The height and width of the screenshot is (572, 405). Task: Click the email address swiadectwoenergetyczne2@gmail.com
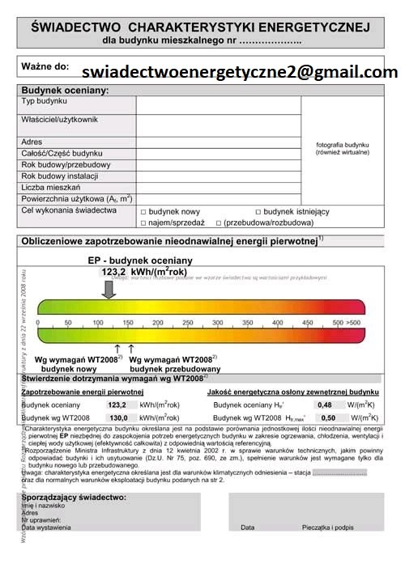[x=240, y=72]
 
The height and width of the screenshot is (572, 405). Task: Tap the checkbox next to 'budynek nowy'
[x=143, y=212]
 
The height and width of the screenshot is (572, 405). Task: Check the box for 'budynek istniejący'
[x=258, y=212]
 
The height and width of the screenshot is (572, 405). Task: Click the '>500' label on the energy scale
[x=353, y=323]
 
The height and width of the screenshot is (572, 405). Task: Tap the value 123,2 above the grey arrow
[x=113, y=273]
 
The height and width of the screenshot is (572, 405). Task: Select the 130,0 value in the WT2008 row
[x=118, y=417]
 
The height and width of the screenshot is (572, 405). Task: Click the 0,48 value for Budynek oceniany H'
[x=325, y=405]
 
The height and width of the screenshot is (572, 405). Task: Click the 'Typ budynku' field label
[x=45, y=102]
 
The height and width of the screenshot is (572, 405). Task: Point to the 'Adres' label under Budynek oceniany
[x=32, y=141]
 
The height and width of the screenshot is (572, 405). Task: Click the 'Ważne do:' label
[x=46, y=66]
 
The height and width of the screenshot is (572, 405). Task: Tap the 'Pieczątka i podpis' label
[x=328, y=528]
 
